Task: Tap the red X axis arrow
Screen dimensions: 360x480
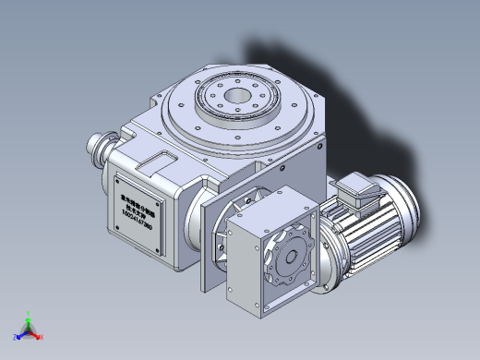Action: [x=39, y=337]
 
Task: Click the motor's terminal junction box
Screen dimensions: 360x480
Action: [x=358, y=190]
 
